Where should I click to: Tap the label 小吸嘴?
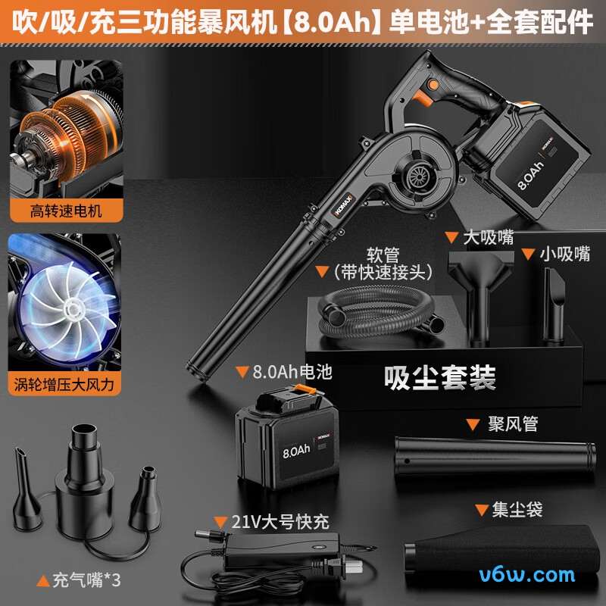click(x=564, y=255)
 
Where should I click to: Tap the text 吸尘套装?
click(x=440, y=376)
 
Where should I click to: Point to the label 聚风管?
click(x=511, y=424)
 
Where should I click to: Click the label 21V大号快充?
click(x=270, y=522)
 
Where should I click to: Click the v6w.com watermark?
click(x=527, y=575)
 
